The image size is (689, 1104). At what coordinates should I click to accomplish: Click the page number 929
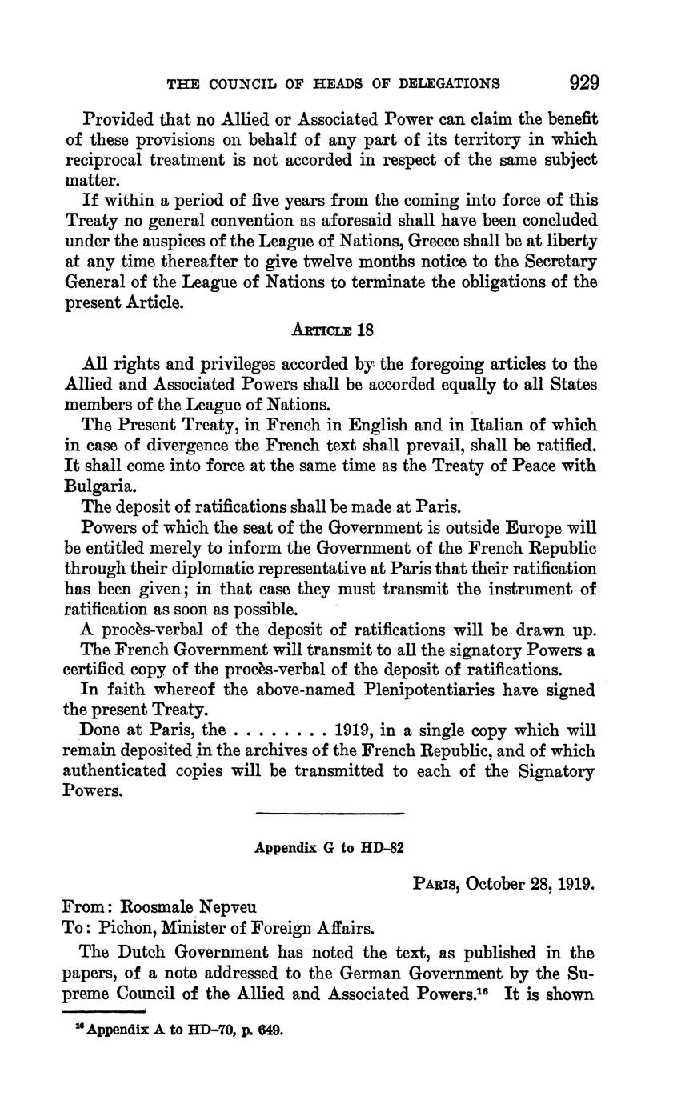pyautogui.click(x=583, y=82)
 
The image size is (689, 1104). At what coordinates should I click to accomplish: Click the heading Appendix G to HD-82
pyautogui.click(x=329, y=848)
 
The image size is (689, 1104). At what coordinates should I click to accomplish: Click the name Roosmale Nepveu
pyautogui.click(x=188, y=908)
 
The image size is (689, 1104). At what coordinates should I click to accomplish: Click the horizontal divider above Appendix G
pyautogui.click(x=330, y=814)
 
